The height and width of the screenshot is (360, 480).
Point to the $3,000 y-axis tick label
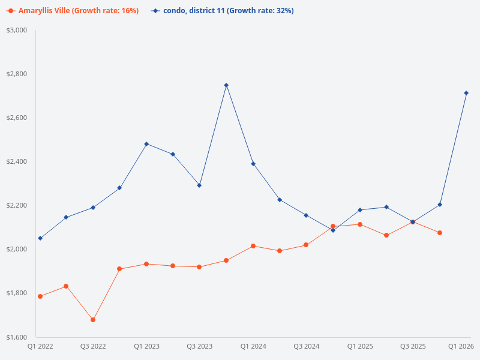click(17, 30)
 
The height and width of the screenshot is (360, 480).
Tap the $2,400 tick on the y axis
click(17, 161)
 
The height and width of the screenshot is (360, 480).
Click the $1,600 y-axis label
click(17, 337)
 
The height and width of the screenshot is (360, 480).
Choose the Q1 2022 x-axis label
click(40, 346)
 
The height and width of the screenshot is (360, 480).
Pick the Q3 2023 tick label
click(200, 346)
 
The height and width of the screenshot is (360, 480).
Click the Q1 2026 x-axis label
click(461, 346)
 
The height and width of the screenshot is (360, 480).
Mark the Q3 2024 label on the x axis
click(306, 346)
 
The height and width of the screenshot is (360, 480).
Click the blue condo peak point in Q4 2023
click(226, 85)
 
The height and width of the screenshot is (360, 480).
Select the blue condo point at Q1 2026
click(466, 93)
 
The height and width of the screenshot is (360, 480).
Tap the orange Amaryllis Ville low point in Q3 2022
click(93, 320)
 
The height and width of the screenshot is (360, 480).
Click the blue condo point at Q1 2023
click(146, 144)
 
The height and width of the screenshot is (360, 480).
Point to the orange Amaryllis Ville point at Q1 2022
click(40, 296)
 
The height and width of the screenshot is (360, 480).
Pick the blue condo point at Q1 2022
click(40, 238)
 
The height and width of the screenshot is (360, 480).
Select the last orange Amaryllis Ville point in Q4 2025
click(440, 233)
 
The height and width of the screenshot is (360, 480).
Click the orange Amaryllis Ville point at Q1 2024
click(253, 246)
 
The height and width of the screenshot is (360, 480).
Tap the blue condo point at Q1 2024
click(253, 164)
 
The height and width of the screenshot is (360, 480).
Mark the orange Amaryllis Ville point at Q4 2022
click(119, 269)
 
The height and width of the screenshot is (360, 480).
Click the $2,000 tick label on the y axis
click(17, 249)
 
